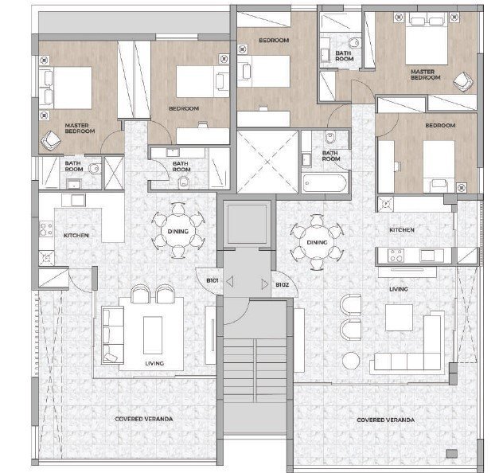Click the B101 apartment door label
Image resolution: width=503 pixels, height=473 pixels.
click(x=213, y=280)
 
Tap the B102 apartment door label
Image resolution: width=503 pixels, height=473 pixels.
click(x=283, y=284)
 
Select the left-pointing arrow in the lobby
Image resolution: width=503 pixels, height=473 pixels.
click(x=230, y=282)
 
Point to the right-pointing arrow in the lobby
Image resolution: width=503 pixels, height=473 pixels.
click(x=265, y=284)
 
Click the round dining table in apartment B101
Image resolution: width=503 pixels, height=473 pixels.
click(x=178, y=231)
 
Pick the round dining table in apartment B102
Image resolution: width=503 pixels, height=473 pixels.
click(x=317, y=242)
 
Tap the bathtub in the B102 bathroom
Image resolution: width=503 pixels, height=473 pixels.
click(x=325, y=182)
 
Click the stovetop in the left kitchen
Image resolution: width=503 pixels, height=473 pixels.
click(x=46, y=229)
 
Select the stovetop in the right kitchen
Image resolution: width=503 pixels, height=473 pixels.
click(x=396, y=256)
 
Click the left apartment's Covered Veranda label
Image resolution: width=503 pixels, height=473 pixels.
click(x=144, y=419)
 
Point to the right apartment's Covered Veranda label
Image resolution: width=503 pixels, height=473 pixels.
click(x=385, y=420)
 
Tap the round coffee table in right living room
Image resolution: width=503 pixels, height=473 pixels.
click(x=351, y=361)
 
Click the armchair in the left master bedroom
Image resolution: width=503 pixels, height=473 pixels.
click(x=51, y=140)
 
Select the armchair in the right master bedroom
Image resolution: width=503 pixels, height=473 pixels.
click(x=463, y=81)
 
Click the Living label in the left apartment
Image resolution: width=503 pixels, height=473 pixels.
click(x=154, y=363)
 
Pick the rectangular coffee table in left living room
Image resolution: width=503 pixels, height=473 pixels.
click(x=153, y=335)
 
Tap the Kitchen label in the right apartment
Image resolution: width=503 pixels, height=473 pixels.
click(x=402, y=230)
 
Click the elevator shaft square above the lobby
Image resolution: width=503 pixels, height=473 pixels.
click(x=247, y=225)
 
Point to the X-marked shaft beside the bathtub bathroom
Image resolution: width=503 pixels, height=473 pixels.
click(x=267, y=162)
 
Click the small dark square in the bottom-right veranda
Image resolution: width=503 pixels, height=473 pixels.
click(x=452, y=453)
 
